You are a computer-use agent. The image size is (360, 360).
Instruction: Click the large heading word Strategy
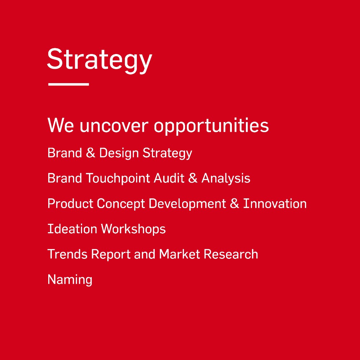click(x=100, y=60)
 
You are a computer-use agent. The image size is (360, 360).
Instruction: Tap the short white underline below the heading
click(x=69, y=84)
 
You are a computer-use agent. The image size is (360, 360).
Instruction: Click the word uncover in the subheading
click(x=114, y=126)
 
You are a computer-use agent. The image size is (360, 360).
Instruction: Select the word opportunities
click(x=211, y=126)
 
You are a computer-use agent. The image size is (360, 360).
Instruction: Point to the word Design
click(x=119, y=153)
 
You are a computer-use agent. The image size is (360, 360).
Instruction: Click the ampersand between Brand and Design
click(x=91, y=153)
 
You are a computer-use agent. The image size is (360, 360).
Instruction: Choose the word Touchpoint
click(x=118, y=179)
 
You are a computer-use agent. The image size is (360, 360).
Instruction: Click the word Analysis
click(x=226, y=179)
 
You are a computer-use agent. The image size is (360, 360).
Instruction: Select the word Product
click(x=70, y=203)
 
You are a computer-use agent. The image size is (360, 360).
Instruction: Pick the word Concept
click(x=121, y=204)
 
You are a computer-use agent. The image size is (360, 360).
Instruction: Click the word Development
click(x=187, y=204)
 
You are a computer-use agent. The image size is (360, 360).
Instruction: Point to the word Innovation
click(x=275, y=203)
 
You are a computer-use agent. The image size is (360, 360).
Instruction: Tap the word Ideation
click(x=72, y=229)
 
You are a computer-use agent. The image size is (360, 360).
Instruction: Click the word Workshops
click(x=134, y=229)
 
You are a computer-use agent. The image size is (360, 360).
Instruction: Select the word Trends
click(x=68, y=254)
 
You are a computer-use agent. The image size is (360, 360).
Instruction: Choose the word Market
click(x=180, y=254)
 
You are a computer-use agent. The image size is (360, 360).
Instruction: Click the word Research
click(x=231, y=254)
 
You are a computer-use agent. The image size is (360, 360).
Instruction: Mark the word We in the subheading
click(x=60, y=125)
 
